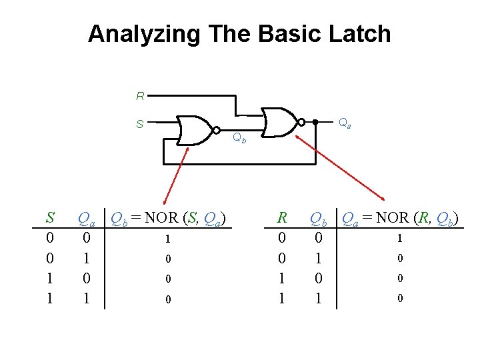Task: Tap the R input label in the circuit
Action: (140, 97)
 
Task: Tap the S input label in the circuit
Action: (140, 123)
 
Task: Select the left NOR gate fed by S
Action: (195, 130)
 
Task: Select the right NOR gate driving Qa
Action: (281, 122)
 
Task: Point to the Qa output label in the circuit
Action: (345, 123)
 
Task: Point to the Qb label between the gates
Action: (239, 139)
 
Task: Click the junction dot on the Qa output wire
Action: (315, 122)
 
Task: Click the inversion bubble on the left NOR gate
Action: (217, 130)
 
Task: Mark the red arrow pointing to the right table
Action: (340, 167)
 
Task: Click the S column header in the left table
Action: (49, 217)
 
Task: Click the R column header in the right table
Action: (282, 217)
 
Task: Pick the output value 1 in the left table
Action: (169, 239)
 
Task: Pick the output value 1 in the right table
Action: (399, 238)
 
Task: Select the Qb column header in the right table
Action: (319, 218)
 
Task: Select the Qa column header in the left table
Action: (85, 218)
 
